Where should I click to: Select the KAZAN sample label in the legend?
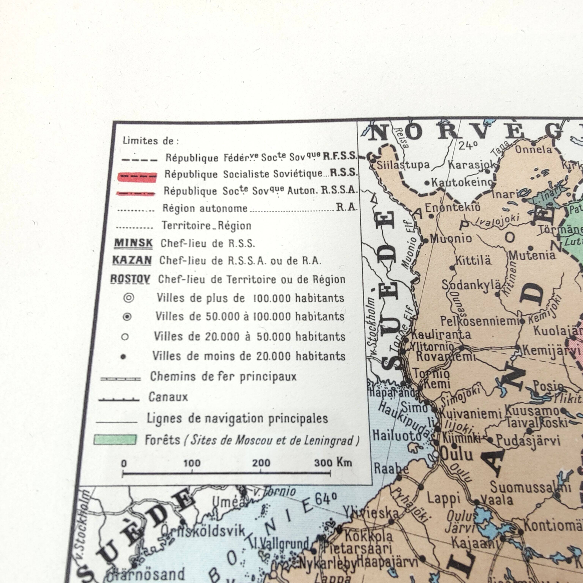(x=132, y=260)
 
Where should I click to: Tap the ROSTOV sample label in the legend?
(x=130, y=279)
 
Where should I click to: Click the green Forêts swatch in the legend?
(x=115, y=440)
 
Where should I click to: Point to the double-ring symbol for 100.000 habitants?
(x=128, y=298)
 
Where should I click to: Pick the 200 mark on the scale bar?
(x=261, y=463)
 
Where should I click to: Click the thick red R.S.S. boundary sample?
(x=137, y=177)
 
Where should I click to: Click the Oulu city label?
(x=457, y=454)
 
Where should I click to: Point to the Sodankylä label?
(x=471, y=285)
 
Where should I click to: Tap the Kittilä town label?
(x=473, y=260)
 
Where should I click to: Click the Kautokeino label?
(x=462, y=182)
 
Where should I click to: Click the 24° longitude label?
(x=468, y=145)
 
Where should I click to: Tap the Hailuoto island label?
(x=396, y=435)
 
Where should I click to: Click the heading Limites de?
(x=150, y=141)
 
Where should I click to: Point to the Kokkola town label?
(x=369, y=537)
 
